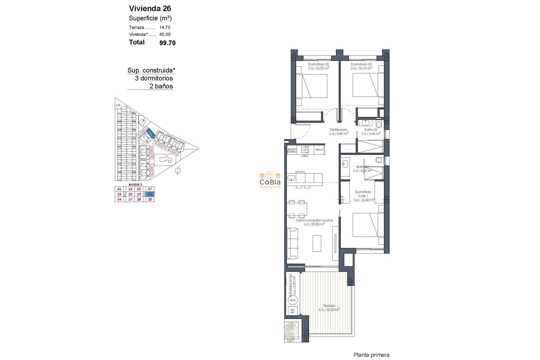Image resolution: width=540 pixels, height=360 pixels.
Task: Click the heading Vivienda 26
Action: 150,8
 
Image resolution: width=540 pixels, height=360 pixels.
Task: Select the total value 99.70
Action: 167,43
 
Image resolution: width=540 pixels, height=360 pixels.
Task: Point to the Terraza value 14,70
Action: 165,28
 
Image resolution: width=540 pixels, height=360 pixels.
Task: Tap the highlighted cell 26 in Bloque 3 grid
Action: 150,194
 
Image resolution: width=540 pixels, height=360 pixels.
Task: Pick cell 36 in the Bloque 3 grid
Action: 119,189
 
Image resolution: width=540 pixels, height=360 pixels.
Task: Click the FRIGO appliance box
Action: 319,150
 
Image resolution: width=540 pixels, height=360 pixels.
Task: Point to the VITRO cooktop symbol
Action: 305,150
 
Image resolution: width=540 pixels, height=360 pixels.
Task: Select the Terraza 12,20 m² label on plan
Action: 329,308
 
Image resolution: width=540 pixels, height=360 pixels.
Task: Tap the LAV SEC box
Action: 292,311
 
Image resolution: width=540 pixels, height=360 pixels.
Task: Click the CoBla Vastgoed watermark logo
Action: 270,180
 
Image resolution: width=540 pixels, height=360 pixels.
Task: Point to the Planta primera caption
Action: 371,355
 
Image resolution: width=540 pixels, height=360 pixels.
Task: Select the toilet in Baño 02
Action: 379,124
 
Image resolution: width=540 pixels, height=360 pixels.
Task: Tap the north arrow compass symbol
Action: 178,170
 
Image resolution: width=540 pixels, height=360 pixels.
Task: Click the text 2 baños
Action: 161,86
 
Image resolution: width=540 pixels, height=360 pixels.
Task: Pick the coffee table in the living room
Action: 317,243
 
